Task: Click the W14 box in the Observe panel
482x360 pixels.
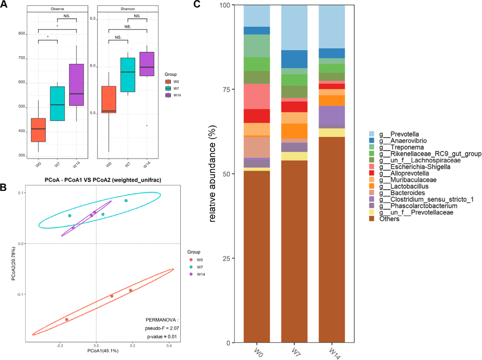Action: click(76, 85)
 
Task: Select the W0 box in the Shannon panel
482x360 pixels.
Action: click(109, 99)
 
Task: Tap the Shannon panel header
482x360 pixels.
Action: click(128, 9)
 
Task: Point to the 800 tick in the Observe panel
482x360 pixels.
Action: click(21, 33)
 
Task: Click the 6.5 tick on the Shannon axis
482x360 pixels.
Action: click(93, 18)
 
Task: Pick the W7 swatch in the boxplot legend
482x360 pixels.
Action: click(168, 89)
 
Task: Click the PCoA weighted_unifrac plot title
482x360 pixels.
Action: click(103, 180)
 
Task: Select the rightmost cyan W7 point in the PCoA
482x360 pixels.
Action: click(126, 200)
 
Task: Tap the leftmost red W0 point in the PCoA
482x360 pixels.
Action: click(67, 319)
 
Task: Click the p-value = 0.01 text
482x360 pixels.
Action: click(162, 337)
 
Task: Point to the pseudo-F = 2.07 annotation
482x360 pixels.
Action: click(162, 328)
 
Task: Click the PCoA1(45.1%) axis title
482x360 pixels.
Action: click(103, 351)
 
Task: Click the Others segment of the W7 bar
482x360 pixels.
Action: click(294, 251)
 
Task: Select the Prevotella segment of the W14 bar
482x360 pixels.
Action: click(332, 26)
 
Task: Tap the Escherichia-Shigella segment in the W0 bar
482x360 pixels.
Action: click(257, 96)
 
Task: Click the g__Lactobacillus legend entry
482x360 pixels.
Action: click(409, 186)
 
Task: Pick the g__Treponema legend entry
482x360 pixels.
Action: click(407, 147)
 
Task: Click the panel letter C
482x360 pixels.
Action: click(197, 4)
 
